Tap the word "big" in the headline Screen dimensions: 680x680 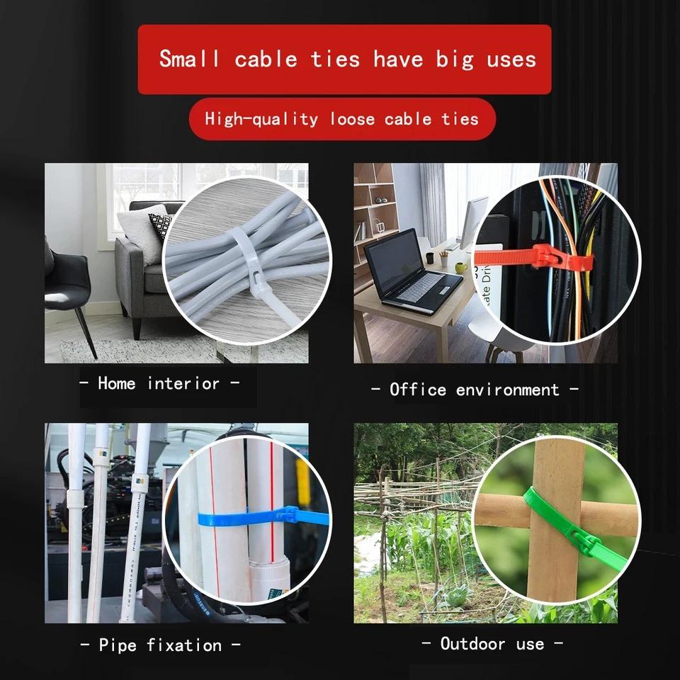point(454,59)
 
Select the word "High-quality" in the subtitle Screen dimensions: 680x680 point(261,118)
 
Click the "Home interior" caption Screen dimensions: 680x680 point(159,384)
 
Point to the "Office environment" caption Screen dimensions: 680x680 point(475,390)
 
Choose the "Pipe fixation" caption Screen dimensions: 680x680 point(159,645)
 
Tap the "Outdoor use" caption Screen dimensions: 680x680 point(492,644)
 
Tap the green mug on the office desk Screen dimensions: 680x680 point(461,268)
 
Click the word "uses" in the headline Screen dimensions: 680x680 point(511,59)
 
